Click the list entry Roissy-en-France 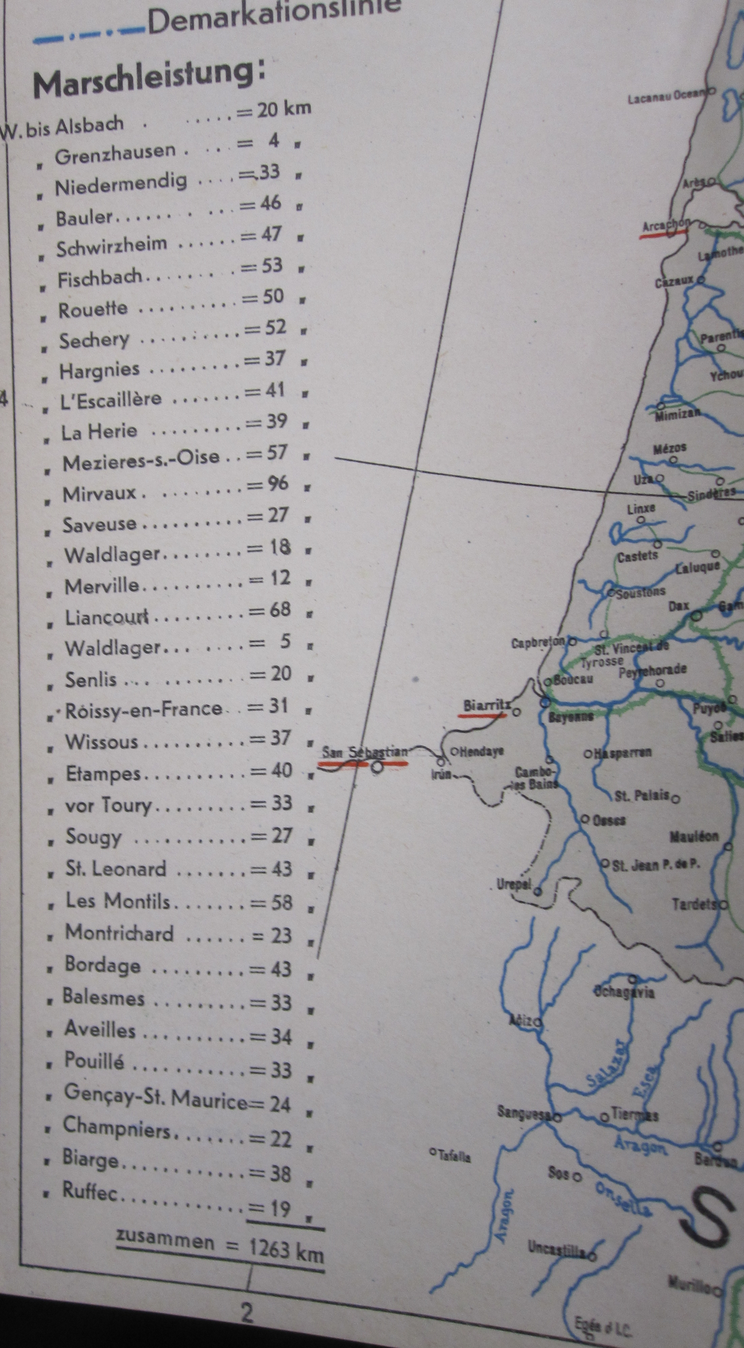tap(143, 709)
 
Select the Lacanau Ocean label tap(667, 97)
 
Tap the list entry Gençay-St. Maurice tap(155, 1104)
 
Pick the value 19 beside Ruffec tap(278, 1208)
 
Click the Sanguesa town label tap(524, 1113)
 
